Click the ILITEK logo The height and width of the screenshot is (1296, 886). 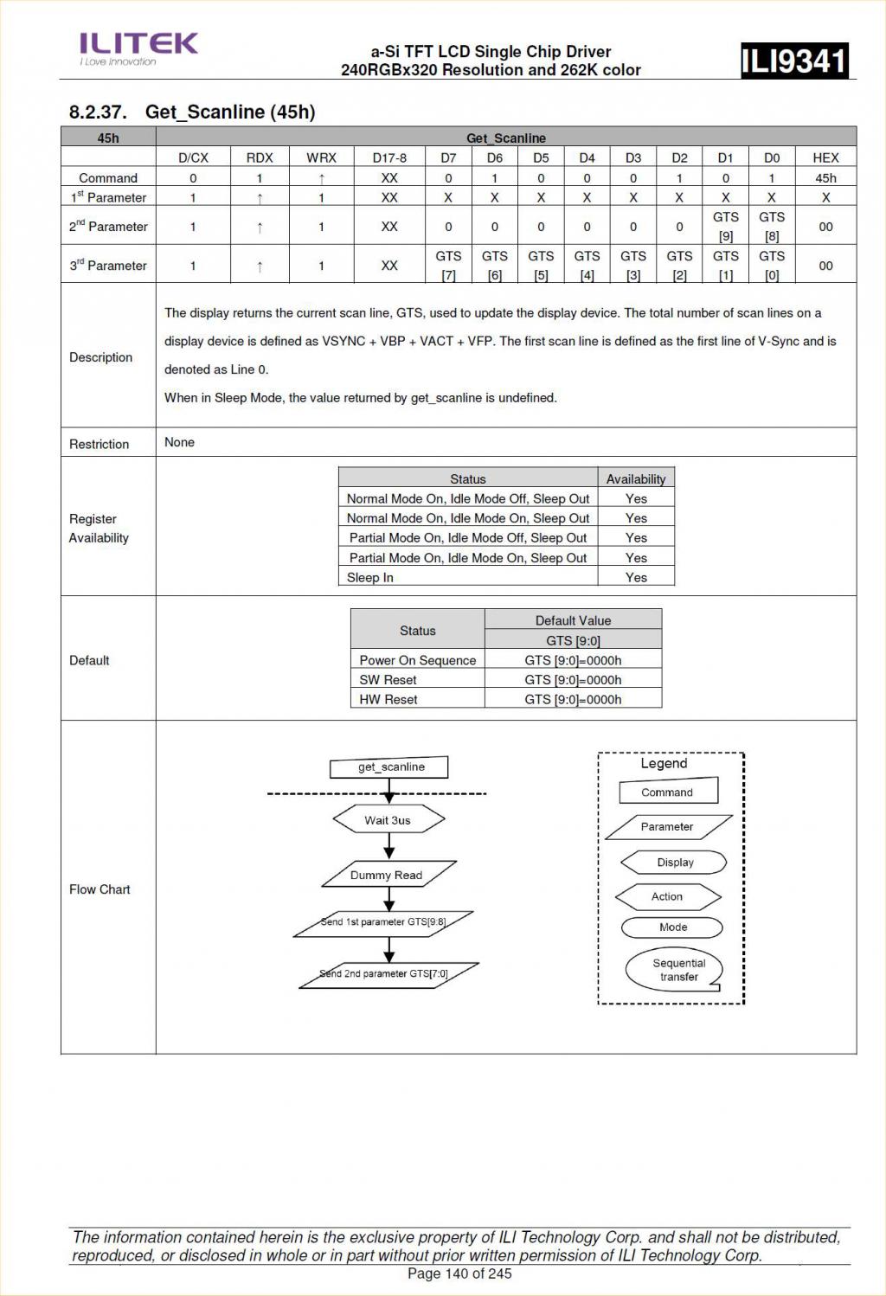pyautogui.click(x=138, y=48)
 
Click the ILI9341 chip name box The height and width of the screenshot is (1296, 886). pyautogui.click(x=793, y=61)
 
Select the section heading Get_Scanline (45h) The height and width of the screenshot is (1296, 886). pyautogui.click(x=192, y=112)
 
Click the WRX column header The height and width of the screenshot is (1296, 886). pyautogui.click(x=321, y=157)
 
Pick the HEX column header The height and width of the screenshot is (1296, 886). pyautogui.click(x=825, y=157)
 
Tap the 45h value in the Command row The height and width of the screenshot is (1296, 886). pyautogui.click(x=825, y=178)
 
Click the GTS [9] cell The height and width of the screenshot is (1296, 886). pyautogui.click(x=725, y=226)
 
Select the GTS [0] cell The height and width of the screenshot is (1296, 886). pyautogui.click(x=771, y=265)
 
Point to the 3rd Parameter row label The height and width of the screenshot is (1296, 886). pyautogui.click(x=108, y=266)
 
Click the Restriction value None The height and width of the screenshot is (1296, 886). pyautogui.click(x=180, y=442)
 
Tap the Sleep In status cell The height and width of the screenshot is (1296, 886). pyautogui.click(x=370, y=577)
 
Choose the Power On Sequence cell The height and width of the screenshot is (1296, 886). pyautogui.click(x=417, y=660)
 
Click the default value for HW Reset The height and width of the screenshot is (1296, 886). pyautogui.click(x=573, y=699)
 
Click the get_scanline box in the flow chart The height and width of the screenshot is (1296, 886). pyautogui.click(x=390, y=767)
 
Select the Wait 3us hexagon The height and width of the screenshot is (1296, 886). pyautogui.click(x=388, y=820)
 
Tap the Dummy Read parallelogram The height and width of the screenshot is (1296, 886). pyautogui.click(x=387, y=875)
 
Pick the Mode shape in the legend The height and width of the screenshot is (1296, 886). pyautogui.click(x=672, y=927)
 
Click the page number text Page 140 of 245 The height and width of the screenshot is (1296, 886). pyautogui.click(x=459, y=1274)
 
